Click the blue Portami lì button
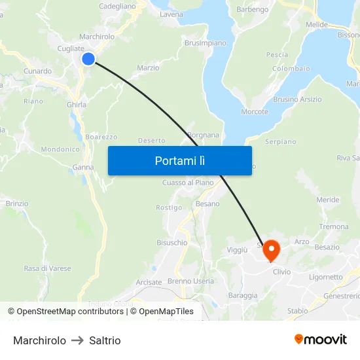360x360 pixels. (179, 160)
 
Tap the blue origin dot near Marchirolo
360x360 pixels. (88, 59)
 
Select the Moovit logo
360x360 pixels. (320, 339)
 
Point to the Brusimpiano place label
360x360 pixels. (205, 43)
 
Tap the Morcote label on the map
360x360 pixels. (254, 111)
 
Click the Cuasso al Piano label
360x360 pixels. (188, 182)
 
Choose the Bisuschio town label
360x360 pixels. (171, 242)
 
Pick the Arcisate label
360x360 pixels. (149, 282)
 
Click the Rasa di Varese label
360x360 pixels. (47, 268)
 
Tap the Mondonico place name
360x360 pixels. (60, 149)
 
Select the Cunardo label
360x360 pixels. (37, 71)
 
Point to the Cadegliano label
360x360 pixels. (117, 6)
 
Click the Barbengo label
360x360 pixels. (252, 9)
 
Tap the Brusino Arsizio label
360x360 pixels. (297, 99)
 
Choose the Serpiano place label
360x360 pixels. (280, 141)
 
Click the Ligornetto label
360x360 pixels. (326, 277)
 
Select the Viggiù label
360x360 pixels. (237, 249)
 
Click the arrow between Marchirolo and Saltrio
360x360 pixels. (77, 340)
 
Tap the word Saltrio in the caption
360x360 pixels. (105, 340)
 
